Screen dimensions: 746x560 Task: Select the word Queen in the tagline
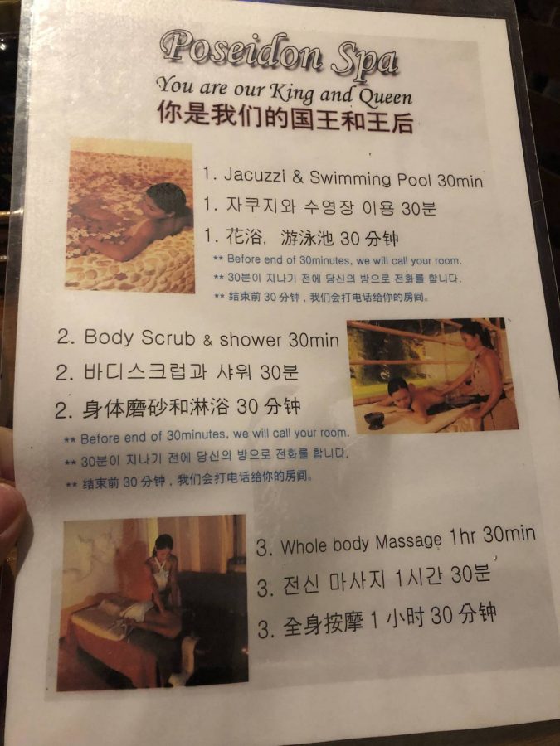(380, 94)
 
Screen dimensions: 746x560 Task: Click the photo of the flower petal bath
(130, 216)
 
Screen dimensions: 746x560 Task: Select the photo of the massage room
(153, 600)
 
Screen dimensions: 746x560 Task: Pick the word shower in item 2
(250, 340)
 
